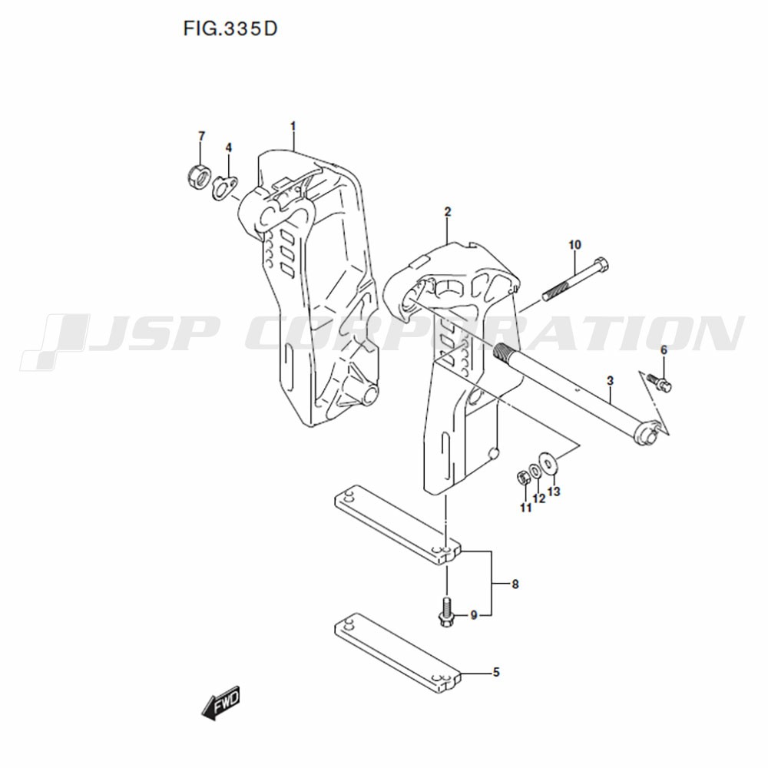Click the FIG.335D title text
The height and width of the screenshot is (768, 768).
230,29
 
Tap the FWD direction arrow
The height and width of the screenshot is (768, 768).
221,703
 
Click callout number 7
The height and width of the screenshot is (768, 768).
201,136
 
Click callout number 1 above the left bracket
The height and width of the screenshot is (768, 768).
293,127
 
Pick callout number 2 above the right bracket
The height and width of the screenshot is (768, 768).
447,212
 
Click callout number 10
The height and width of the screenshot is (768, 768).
574,244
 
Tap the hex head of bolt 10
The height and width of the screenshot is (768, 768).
601,266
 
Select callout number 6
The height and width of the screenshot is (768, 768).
664,350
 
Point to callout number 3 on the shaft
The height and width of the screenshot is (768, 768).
610,381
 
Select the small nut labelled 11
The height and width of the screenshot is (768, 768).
522,478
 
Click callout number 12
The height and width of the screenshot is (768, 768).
539,498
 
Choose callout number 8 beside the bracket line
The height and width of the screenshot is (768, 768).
515,584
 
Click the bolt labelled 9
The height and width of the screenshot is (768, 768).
447,612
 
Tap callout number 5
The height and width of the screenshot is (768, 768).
496,673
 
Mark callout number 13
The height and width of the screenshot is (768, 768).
554,492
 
